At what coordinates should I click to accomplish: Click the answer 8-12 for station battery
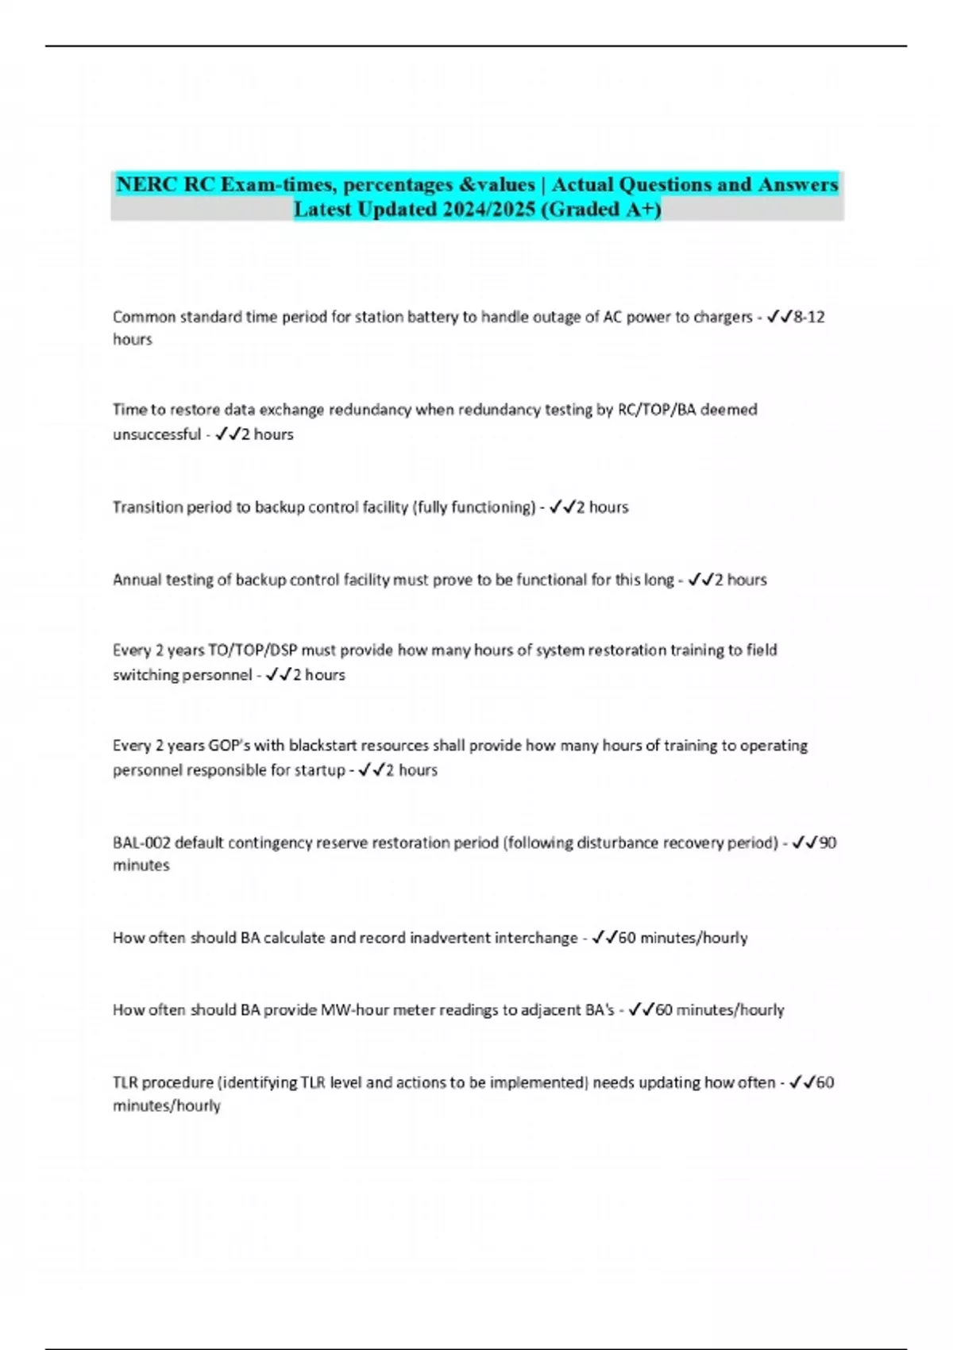coord(809,317)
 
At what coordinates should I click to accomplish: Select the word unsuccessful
coord(156,434)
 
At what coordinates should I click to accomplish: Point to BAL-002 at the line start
coord(141,843)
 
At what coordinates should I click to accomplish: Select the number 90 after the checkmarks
coord(828,843)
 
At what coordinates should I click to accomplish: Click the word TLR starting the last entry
coord(125,1082)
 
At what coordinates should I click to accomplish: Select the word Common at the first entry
coord(144,317)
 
